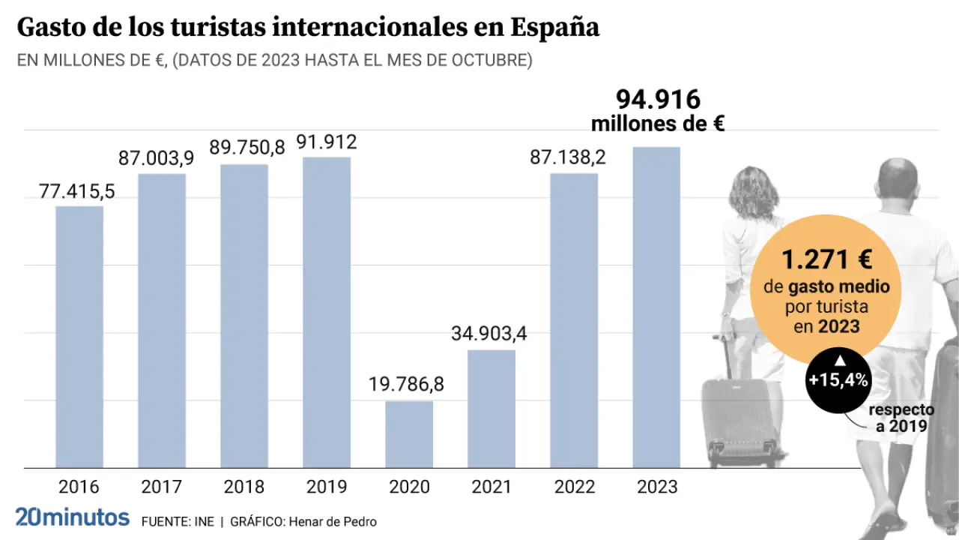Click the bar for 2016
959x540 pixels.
coord(79,337)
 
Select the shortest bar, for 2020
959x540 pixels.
coord(409,434)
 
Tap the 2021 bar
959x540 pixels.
coord(491,409)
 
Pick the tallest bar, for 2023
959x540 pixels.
coord(656,307)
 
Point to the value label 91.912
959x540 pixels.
coord(326,142)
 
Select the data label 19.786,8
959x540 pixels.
coord(406,385)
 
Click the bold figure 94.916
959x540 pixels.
coord(658,99)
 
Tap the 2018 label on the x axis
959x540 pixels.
coord(244,487)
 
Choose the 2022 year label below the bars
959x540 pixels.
coord(574,487)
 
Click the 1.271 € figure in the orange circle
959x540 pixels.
coord(826,260)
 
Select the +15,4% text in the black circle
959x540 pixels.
coord(838,380)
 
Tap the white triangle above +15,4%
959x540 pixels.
coord(839,361)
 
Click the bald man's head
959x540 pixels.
coord(898,180)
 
